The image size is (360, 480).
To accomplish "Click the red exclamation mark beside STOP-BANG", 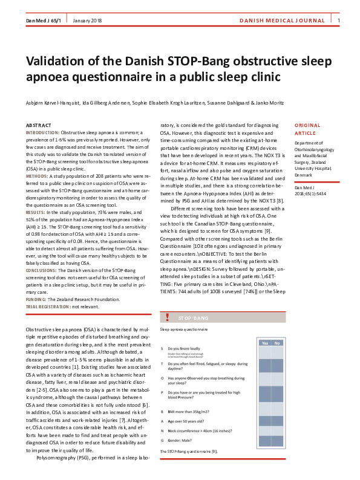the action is pos(166,317).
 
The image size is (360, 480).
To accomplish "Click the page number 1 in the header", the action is pos(339,21).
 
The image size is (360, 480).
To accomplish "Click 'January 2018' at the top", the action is pos(87,21).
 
